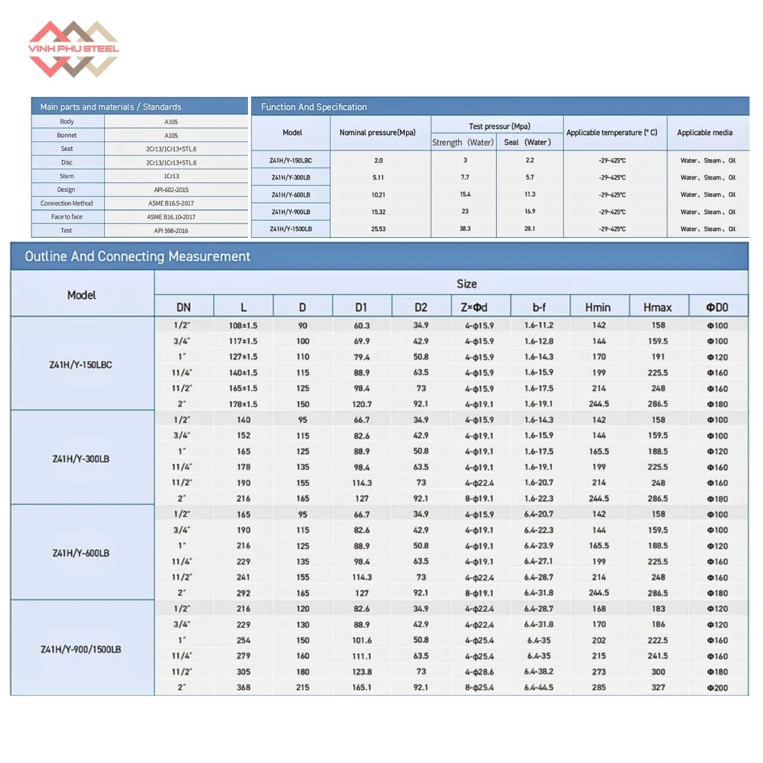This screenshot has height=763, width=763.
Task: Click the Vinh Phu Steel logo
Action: (x=73, y=49)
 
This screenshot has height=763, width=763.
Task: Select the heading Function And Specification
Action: (x=314, y=107)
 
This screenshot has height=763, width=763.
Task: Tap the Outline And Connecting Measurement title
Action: (x=137, y=256)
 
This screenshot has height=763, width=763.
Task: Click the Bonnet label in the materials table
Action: (x=67, y=135)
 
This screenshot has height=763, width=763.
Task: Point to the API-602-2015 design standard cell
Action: (x=171, y=190)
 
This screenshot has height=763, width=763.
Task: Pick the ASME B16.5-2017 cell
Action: (x=171, y=203)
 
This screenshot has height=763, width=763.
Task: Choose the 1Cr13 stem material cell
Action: (x=171, y=176)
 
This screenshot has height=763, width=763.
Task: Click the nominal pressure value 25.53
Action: (x=378, y=229)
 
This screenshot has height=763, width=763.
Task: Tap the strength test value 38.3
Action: (x=465, y=228)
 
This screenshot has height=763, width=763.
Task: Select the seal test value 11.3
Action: (x=529, y=194)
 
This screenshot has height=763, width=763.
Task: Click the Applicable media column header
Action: (x=705, y=132)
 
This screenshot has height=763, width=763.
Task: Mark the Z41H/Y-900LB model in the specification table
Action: (x=291, y=212)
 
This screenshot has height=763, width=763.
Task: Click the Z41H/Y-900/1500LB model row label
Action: (x=81, y=649)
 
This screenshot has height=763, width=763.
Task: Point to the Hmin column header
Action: (x=598, y=307)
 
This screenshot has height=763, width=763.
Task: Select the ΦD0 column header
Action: (x=717, y=307)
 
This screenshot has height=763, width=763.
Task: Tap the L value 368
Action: (x=244, y=687)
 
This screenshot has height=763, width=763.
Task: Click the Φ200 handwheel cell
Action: (x=717, y=687)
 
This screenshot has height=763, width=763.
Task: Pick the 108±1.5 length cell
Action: (x=243, y=325)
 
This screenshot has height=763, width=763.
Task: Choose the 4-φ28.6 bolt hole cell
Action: (x=479, y=672)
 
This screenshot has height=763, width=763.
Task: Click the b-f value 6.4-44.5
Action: (x=539, y=687)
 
